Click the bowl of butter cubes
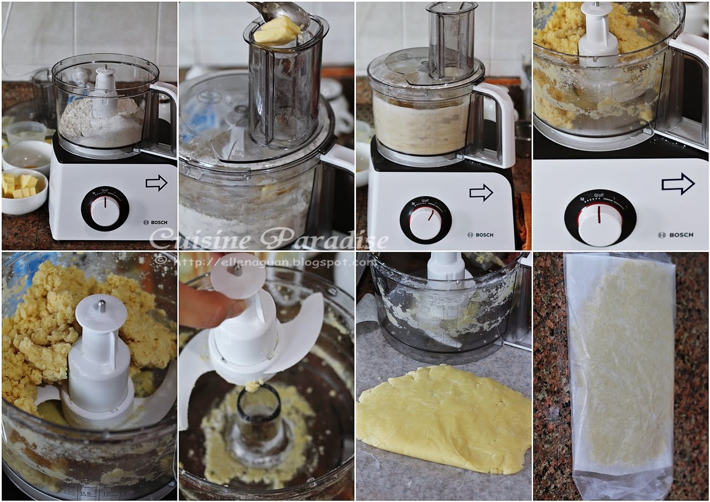tap(24, 191)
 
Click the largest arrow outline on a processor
tap(678, 184)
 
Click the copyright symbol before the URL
tap(161, 261)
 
